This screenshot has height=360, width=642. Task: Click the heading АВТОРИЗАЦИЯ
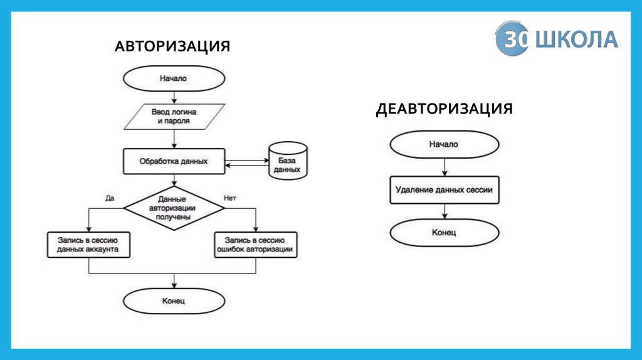(x=172, y=46)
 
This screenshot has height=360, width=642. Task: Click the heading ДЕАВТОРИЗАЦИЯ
(x=445, y=109)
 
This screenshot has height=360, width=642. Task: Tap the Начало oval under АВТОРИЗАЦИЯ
(x=173, y=79)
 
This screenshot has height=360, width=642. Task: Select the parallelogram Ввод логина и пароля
(x=173, y=115)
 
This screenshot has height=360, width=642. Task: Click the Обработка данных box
(x=173, y=161)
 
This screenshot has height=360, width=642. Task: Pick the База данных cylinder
(x=288, y=161)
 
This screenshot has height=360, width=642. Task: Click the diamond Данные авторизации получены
(x=173, y=208)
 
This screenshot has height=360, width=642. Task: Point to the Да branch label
(x=110, y=198)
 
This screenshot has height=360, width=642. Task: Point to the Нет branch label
(x=229, y=198)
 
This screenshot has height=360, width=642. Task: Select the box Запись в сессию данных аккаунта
(x=88, y=244)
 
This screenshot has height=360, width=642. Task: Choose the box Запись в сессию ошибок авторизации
(x=255, y=244)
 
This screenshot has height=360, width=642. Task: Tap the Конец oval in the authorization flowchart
(x=173, y=301)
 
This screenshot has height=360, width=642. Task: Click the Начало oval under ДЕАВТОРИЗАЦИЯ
(x=444, y=144)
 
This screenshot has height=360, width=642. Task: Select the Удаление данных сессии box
(x=445, y=189)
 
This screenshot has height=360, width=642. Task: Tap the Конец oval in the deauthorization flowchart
(x=444, y=233)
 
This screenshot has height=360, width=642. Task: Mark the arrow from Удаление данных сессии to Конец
(x=444, y=211)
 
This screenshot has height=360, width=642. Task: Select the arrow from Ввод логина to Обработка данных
(x=173, y=139)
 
